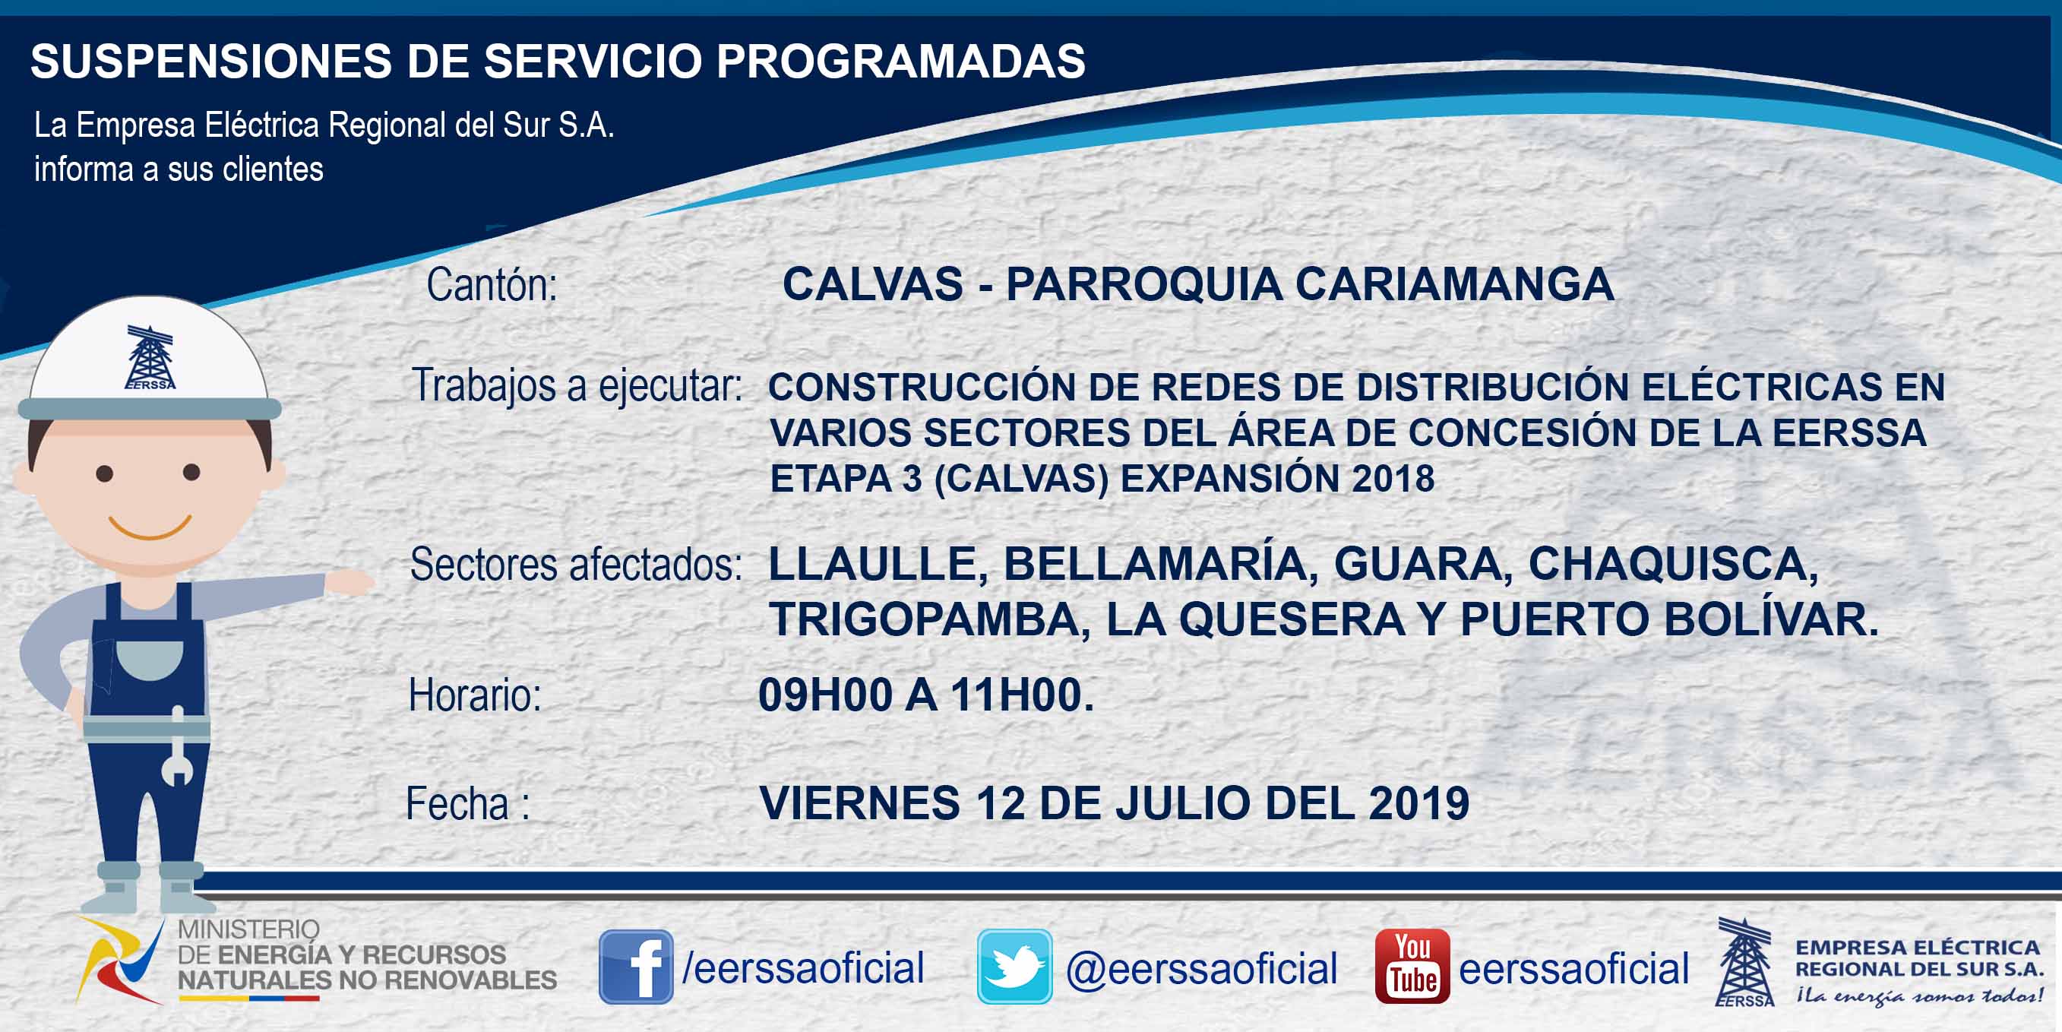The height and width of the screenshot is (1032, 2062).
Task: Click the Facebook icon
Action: [636, 967]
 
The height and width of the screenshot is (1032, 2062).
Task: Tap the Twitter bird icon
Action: [1014, 967]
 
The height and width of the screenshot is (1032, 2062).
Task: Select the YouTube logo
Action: [1412, 967]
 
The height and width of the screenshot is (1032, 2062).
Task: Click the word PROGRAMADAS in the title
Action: [900, 61]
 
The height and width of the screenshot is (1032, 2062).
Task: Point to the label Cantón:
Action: [492, 285]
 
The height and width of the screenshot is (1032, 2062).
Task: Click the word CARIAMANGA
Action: [1454, 284]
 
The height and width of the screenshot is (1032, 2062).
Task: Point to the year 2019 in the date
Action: [1419, 803]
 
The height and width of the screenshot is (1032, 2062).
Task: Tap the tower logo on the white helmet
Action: [150, 357]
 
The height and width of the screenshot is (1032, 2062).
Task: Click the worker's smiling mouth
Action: [150, 527]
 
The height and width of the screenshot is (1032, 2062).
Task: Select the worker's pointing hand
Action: [349, 581]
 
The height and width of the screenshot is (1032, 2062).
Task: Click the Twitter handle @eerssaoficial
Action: [1201, 969]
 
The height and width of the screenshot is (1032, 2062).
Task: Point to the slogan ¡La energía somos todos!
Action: [1918, 996]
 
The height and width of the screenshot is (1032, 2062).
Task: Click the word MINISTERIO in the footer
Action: [248, 929]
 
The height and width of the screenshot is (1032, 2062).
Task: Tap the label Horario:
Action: [475, 695]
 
